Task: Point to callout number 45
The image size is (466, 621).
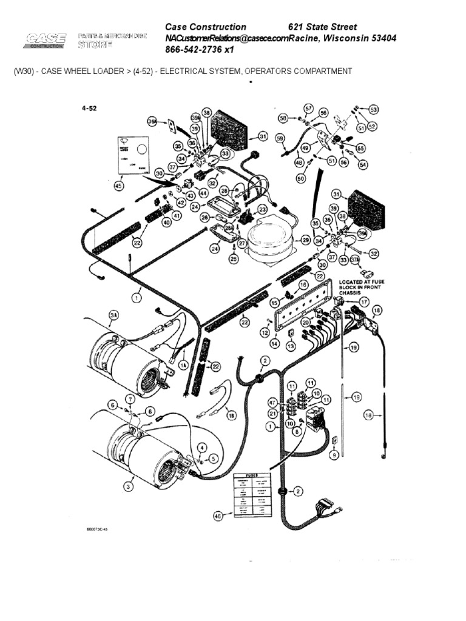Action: [118, 186]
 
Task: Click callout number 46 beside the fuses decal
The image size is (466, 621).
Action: [218, 515]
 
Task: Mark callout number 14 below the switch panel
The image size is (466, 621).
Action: [274, 343]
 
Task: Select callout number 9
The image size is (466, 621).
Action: [333, 454]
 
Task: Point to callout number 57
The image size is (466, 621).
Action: [308, 109]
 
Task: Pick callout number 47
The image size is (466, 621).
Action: [273, 402]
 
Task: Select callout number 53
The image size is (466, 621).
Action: [373, 110]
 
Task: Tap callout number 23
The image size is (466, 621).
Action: [262, 209]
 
